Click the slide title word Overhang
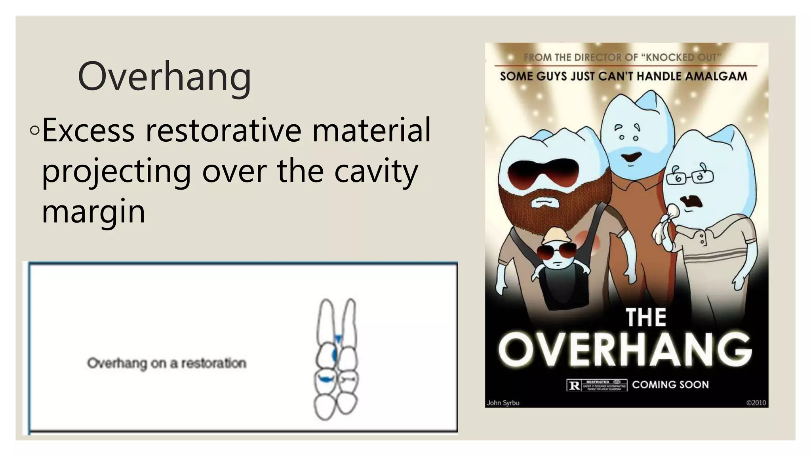[164, 76]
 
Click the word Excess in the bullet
[88, 130]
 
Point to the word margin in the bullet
[93, 211]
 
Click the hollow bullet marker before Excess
[34, 130]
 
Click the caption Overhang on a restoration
[167, 363]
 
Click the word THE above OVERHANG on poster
[646, 317]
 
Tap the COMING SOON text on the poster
[670, 384]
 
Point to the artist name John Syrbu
[503, 403]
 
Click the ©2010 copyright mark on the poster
[756, 403]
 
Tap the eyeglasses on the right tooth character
[689, 177]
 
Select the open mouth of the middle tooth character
[631, 157]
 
